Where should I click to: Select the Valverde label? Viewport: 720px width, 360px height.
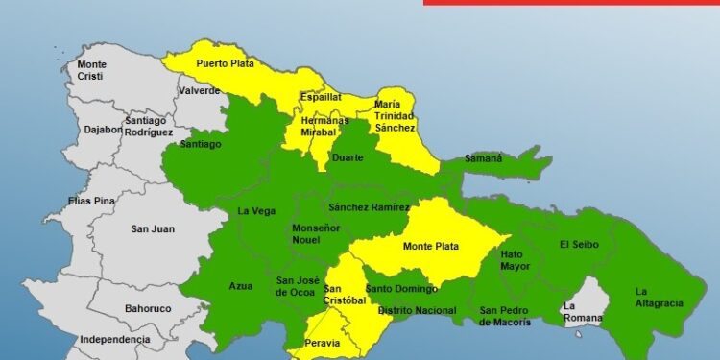[198, 91]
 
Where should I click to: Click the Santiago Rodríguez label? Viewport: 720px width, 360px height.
[148, 126]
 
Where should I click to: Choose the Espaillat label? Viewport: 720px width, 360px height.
[321, 98]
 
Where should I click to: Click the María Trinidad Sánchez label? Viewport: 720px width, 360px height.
[395, 115]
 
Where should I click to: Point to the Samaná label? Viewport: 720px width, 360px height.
[484, 157]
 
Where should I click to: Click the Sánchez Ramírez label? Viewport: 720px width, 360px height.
[369, 207]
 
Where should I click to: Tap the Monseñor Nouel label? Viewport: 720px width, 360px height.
[316, 235]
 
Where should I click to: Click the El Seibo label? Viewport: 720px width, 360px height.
[579, 244]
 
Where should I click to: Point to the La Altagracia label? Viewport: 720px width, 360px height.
[659, 298]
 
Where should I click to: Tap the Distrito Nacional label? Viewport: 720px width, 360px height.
[417, 310]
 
